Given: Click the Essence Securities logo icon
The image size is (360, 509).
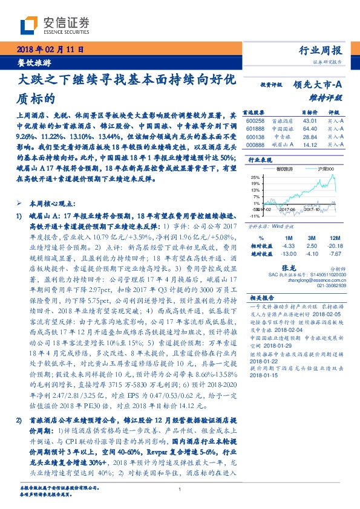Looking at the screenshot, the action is [31, 25].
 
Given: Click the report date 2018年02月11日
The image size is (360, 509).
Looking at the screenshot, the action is [47, 49].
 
